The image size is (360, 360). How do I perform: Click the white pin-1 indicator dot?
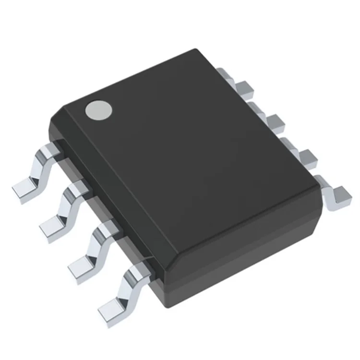98,110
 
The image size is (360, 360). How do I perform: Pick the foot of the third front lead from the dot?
81,267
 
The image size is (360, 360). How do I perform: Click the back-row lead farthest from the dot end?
336,194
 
